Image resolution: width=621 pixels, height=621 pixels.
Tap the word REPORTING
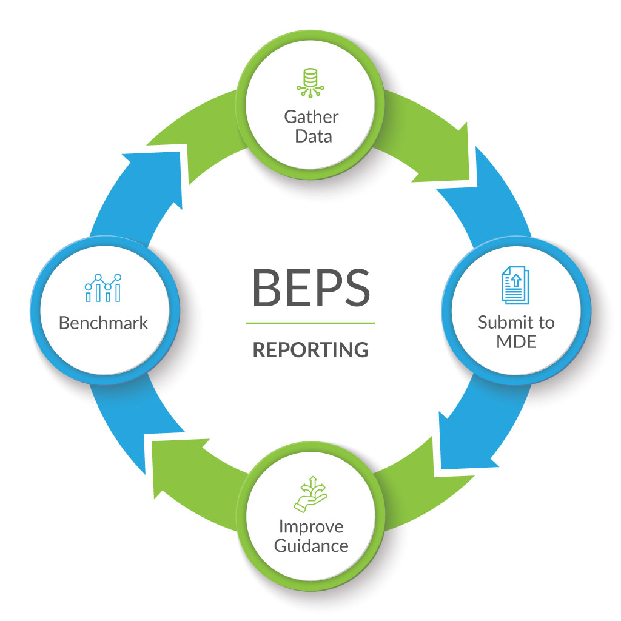point(310,350)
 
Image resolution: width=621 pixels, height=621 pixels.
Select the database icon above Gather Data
point(310,82)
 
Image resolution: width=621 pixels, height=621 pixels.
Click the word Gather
point(311,116)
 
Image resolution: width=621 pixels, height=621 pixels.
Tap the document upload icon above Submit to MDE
point(515,287)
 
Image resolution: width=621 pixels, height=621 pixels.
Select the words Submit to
point(516,322)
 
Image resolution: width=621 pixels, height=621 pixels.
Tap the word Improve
point(311,526)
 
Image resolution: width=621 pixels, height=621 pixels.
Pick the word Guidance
point(311,546)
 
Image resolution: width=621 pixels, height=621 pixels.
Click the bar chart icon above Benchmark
point(103,287)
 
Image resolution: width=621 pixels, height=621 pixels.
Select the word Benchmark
point(103,323)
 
